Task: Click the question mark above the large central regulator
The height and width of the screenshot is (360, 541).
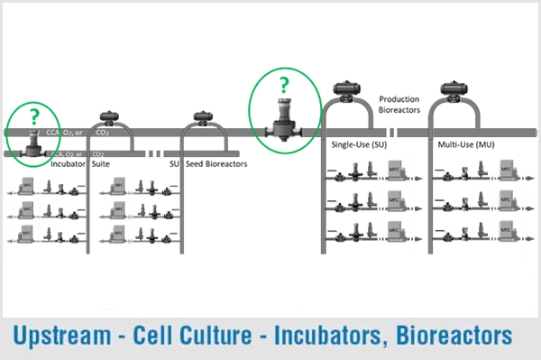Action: pyautogui.click(x=284, y=87)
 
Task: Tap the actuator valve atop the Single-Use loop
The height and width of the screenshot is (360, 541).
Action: pyautogui.click(x=347, y=88)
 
